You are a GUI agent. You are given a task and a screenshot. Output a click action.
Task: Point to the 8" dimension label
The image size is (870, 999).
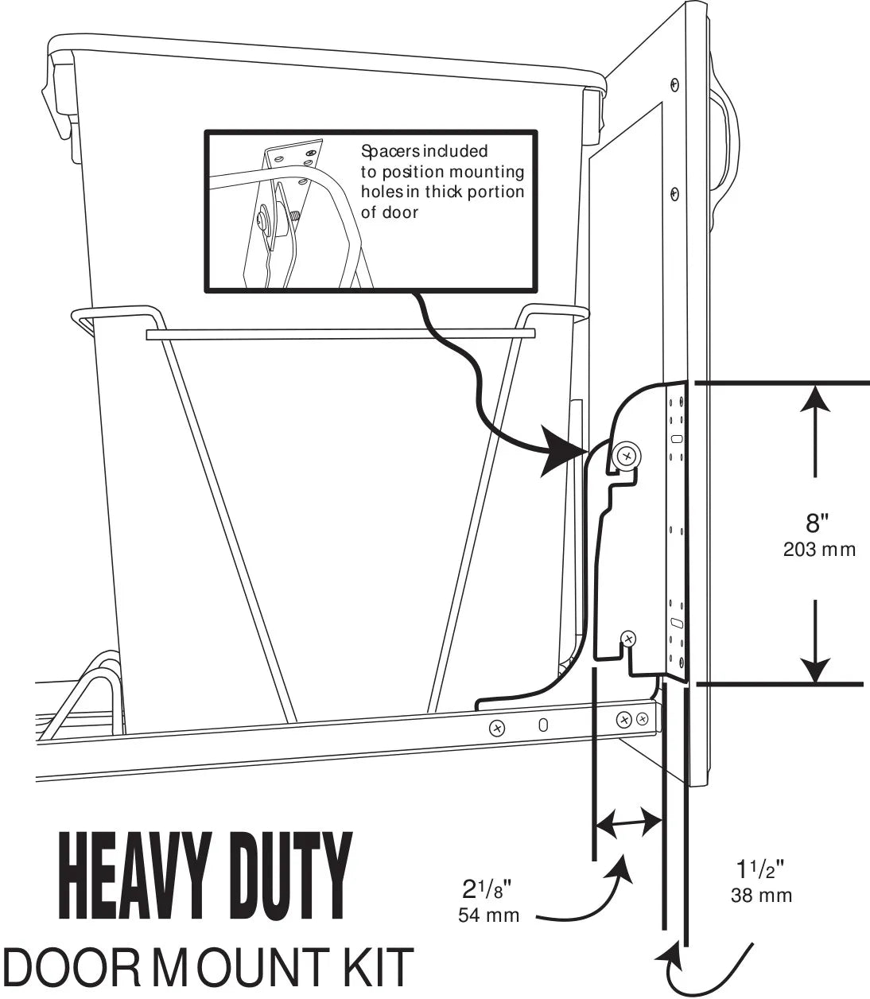pyautogui.click(x=818, y=524)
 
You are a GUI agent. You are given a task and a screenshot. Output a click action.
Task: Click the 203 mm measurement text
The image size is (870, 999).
pyautogui.click(x=819, y=550)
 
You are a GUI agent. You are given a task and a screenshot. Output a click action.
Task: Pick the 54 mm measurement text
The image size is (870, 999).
pyautogui.click(x=488, y=915)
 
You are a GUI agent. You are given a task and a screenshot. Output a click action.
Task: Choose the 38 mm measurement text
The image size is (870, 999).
pyautogui.click(x=761, y=896)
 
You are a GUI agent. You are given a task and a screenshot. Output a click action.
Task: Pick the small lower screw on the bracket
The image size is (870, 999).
pyautogui.click(x=628, y=638)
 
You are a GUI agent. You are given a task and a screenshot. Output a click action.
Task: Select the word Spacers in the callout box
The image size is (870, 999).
pyautogui.click(x=386, y=151)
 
